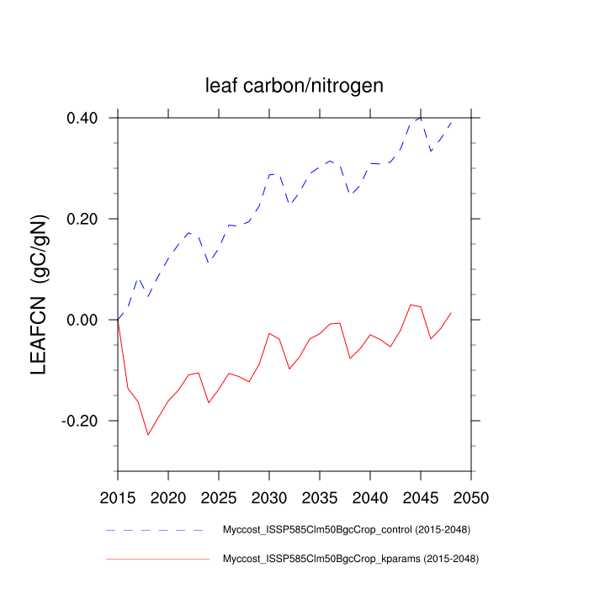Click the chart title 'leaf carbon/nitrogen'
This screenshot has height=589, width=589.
pyautogui.click(x=294, y=85)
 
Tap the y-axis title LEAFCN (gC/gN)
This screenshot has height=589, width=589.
pyautogui.click(x=40, y=294)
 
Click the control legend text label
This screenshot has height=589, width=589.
pyautogui.click(x=345, y=530)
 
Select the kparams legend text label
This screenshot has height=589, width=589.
pyautogui.click(x=348, y=558)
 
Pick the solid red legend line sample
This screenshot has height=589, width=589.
pyautogui.click(x=157, y=558)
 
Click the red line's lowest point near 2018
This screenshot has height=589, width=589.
pyautogui.click(x=148, y=435)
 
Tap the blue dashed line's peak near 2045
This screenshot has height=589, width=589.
pyautogui.click(x=420, y=118)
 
